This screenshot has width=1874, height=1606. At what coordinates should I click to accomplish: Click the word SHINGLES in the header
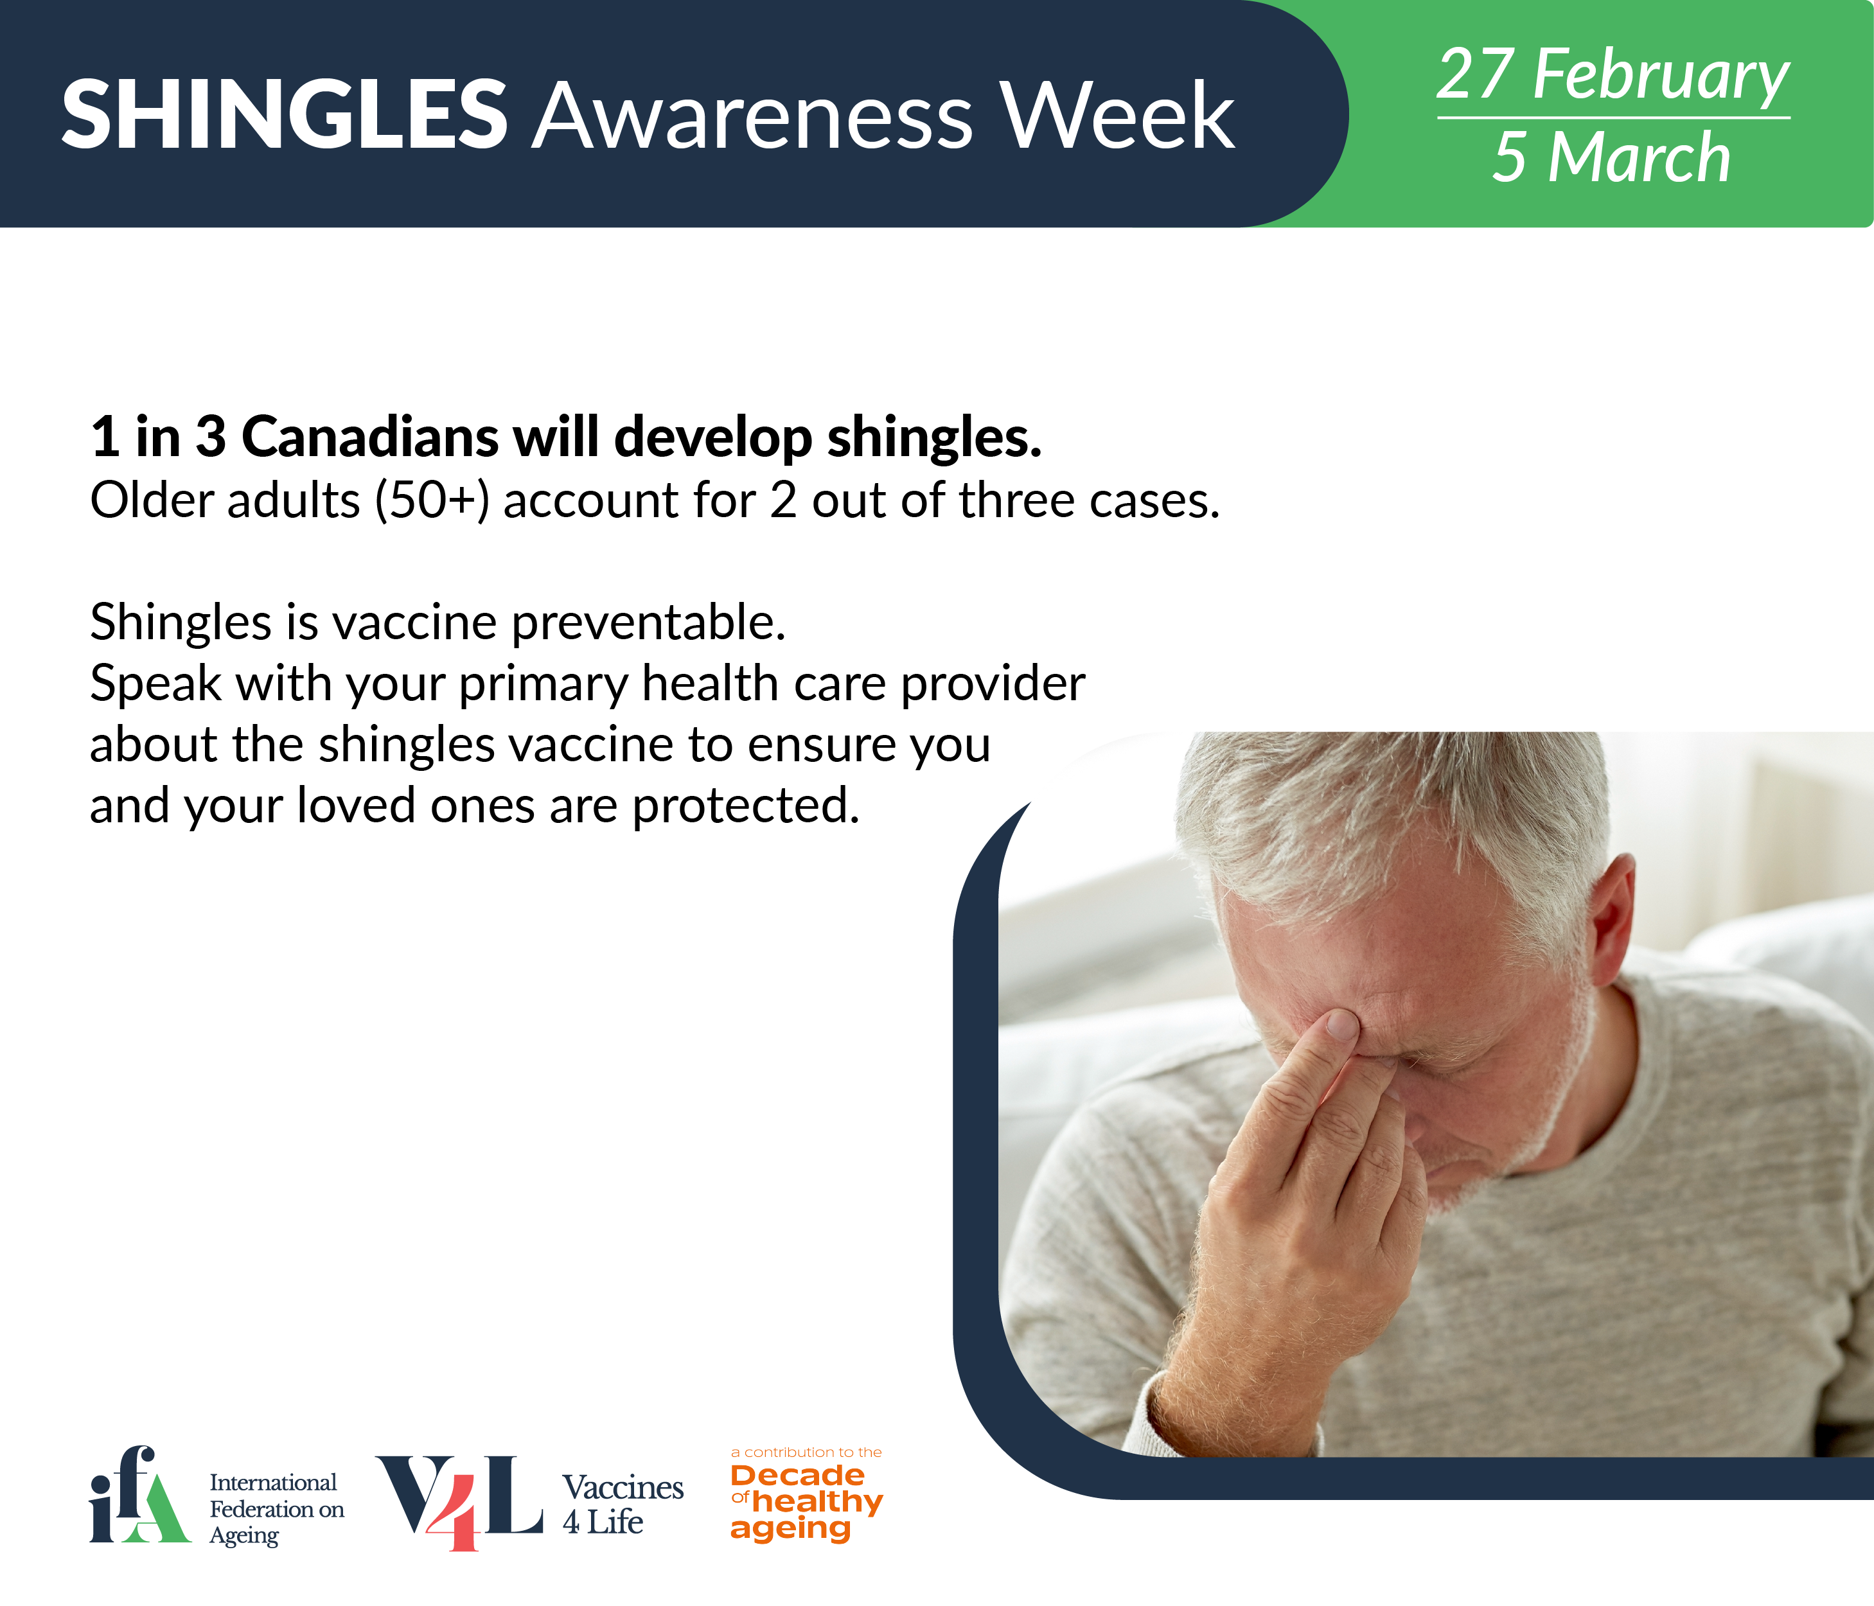pos(284,115)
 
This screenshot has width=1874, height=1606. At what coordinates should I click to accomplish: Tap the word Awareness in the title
pos(752,115)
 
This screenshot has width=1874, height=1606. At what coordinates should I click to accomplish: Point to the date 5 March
pos(1612,157)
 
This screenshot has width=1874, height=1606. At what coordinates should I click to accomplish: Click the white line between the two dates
pos(1614,118)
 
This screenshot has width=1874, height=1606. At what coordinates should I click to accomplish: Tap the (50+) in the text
pos(432,500)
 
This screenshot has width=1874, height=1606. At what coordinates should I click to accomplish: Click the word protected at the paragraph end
pos(745,806)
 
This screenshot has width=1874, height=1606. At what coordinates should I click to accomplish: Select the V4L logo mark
pos(459,1502)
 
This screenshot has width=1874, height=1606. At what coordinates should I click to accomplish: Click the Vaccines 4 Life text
pos(623,1504)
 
